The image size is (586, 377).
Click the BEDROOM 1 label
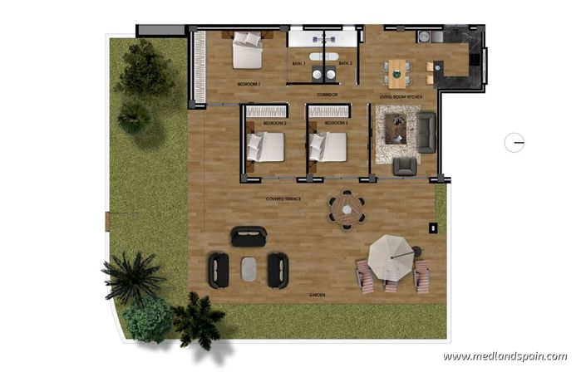coord(249,85)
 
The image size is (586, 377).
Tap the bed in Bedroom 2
coord(265,147)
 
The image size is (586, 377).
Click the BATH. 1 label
coord(298,63)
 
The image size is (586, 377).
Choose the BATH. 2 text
coord(345,63)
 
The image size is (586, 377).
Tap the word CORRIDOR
coord(326,95)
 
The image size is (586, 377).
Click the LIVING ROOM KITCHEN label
coord(401,97)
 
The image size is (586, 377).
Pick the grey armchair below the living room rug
coord(405,166)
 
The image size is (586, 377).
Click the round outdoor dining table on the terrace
coord(346,209)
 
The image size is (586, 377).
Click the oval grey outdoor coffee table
coord(248,269)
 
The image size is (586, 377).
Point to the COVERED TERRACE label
coord(283,200)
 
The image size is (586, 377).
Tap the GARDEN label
coord(317,295)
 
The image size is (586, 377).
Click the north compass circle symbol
coord(515,143)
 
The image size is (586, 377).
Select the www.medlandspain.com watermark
coord(505,357)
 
